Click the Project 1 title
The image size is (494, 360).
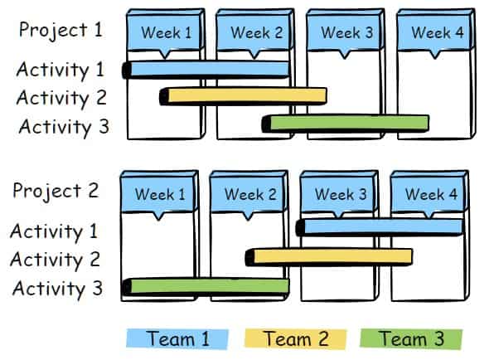point(61,30)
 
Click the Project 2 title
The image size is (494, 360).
point(56,191)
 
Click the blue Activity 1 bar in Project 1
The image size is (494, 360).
point(206,70)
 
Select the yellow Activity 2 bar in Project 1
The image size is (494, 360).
point(243,96)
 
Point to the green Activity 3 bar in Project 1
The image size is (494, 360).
point(346,124)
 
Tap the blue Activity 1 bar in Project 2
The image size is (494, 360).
point(380,227)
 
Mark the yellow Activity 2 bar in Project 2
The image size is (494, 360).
point(329,257)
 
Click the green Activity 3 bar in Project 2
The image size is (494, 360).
point(206,286)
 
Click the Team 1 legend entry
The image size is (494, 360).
point(177,339)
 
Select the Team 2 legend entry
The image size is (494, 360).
point(296,339)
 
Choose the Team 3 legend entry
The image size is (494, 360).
point(411,339)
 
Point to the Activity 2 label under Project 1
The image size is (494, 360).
point(61,98)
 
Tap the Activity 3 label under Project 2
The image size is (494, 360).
point(57,289)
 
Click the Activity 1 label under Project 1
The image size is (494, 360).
point(61,70)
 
